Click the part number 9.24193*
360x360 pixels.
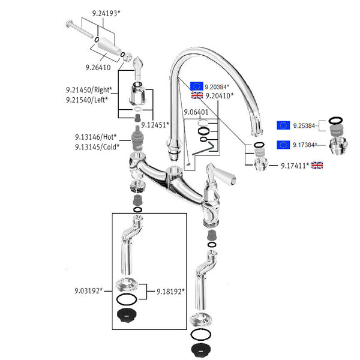(x=106, y=13)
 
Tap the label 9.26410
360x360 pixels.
(x=98, y=67)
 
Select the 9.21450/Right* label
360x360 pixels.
(x=89, y=90)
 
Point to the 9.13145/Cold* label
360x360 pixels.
(x=97, y=147)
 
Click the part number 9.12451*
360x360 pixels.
(x=155, y=125)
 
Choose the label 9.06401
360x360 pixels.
(x=196, y=112)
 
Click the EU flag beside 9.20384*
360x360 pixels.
(x=197, y=86)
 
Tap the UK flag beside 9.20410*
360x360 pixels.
(x=197, y=95)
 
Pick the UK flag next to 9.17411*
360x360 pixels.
(x=317, y=165)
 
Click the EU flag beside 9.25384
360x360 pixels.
(x=283, y=125)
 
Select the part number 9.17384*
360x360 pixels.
(x=305, y=145)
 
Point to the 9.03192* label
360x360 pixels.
(x=88, y=291)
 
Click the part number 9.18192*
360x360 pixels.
(x=170, y=292)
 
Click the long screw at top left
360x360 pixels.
(x=79, y=29)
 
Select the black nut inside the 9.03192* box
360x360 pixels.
(x=127, y=316)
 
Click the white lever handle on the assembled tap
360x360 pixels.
(x=225, y=175)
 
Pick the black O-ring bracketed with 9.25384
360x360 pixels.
(x=335, y=121)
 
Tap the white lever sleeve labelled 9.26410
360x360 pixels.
(x=109, y=46)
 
